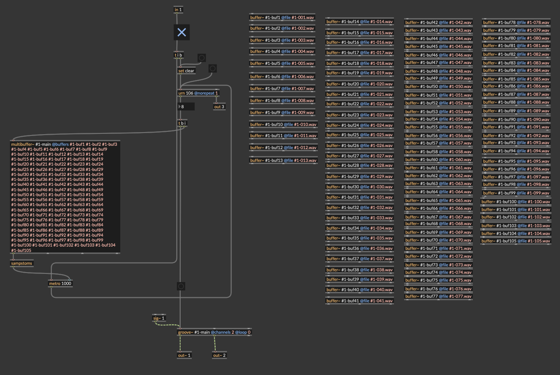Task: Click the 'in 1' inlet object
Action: [x=178, y=10]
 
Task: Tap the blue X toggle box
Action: [x=182, y=32]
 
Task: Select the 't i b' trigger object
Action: [x=179, y=55]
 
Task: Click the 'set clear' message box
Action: [x=186, y=71]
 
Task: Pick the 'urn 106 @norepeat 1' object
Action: [x=198, y=93]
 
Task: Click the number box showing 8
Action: [x=186, y=107]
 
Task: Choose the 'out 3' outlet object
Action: [x=219, y=107]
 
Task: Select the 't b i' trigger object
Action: [x=182, y=123]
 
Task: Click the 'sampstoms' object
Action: [x=22, y=263]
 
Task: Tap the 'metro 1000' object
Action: [x=60, y=284]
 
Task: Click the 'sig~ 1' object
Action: [x=159, y=318]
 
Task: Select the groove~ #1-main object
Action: [x=214, y=332]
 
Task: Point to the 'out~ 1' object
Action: [x=184, y=355]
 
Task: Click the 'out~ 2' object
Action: [x=219, y=355]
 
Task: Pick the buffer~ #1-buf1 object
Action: [x=282, y=17]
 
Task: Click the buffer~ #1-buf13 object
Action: [x=283, y=160]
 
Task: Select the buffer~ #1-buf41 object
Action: [x=360, y=301]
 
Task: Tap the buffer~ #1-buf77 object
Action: [x=438, y=296]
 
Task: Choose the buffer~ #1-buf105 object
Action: [x=516, y=241]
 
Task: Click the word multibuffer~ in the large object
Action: [x=22, y=145]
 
